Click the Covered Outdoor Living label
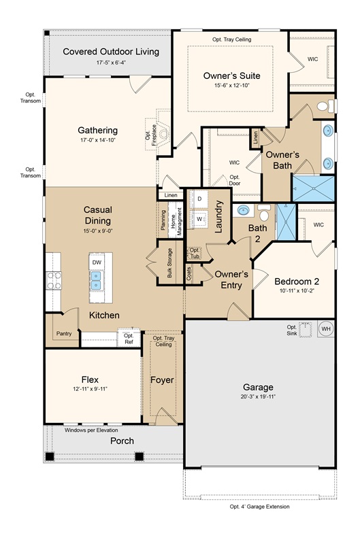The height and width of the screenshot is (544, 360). click(111, 52)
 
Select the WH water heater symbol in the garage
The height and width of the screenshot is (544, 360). click(325, 329)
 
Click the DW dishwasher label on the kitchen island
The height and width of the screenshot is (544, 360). click(97, 262)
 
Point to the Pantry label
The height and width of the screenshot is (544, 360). click(65, 334)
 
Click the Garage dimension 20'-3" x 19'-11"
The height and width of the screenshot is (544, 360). click(261, 396)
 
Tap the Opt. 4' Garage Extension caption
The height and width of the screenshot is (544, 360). click(259, 507)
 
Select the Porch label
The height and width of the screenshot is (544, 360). click(122, 441)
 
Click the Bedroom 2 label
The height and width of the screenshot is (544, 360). click(297, 282)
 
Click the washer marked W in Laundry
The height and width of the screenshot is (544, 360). click(201, 219)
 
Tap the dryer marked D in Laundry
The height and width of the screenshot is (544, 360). click(201, 199)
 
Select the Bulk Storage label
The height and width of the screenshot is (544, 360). click(169, 264)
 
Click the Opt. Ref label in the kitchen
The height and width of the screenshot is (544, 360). click(129, 339)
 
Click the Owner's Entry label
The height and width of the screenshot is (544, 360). click(231, 279)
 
